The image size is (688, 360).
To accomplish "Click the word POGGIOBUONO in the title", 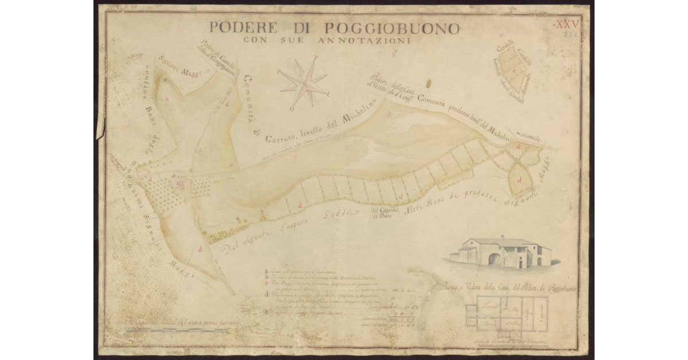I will coord(392,28).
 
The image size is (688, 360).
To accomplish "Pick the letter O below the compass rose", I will coord(292,108).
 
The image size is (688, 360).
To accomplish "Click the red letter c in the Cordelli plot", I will coord(514,72).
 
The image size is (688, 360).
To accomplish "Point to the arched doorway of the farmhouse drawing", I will coord(495,260).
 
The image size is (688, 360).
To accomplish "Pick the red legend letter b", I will coord(267,277).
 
